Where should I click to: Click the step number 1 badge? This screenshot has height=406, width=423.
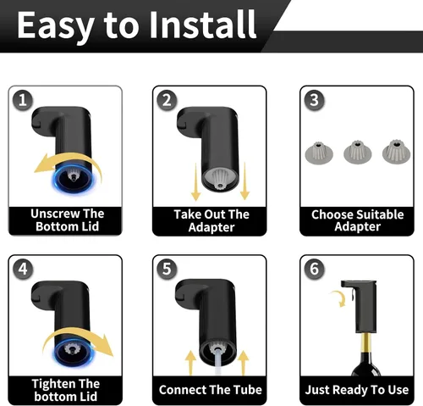pyautogui.click(x=23, y=100)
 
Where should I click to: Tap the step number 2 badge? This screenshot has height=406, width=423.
pyautogui.click(x=167, y=100)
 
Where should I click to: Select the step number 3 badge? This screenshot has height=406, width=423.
pyautogui.click(x=314, y=100)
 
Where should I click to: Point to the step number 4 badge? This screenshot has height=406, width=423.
pyautogui.click(x=23, y=269)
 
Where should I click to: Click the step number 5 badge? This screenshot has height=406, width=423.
pyautogui.click(x=167, y=269)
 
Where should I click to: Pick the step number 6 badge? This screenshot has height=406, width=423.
pyautogui.click(x=314, y=269)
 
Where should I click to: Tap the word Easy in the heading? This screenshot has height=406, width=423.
pyautogui.click(x=56, y=27)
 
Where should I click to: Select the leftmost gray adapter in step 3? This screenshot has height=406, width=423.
pyautogui.click(x=319, y=153)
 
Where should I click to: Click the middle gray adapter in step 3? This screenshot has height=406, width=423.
pyautogui.click(x=358, y=153)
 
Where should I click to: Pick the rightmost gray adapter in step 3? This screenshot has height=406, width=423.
pyautogui.click(x=396, y=152)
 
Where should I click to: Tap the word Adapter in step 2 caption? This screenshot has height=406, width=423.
pyautogui.click(x=211, y=228)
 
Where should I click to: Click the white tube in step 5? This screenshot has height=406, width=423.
pyautogui.click(x=219, y=363)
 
